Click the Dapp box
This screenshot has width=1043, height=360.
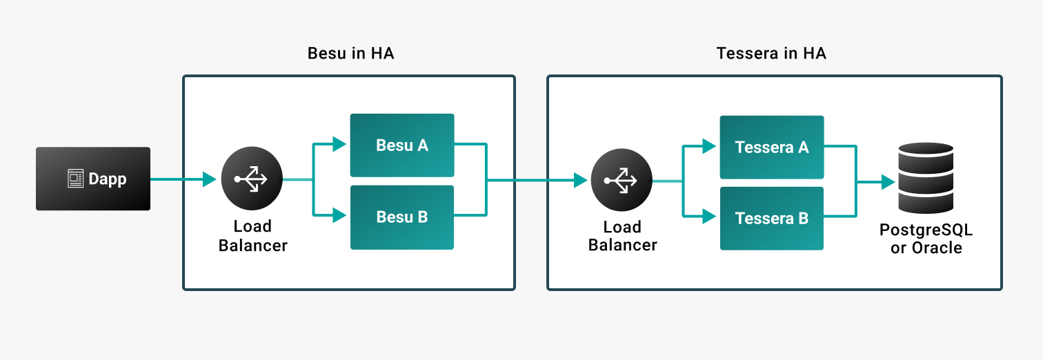point(93,179)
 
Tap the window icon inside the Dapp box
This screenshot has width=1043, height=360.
point(75,179)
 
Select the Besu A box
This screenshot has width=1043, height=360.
point(402,145)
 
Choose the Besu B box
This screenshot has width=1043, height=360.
point(402,217)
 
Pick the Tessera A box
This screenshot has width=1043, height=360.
point(772,147)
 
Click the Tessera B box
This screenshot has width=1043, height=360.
point(772,219)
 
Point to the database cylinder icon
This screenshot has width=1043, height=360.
point(926,178)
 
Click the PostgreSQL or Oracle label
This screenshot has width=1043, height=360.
point(926,239)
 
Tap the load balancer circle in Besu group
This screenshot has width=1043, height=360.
point(252,179)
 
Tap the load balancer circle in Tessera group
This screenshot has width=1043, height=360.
point(622,181)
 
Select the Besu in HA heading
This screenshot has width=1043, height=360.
point(350,54)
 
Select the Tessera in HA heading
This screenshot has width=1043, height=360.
point(771,54)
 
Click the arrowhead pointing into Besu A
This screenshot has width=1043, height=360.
point(339,144)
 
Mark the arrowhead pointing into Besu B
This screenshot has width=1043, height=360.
point(339,216)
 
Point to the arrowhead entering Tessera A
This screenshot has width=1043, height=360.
point(709,146)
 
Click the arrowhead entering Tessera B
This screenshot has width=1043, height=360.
point(709,217)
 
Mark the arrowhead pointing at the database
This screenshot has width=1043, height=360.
point(887,182)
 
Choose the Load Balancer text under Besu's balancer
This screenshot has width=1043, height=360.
point(252,235)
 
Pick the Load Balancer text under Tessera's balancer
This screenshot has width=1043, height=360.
point(622,236)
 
